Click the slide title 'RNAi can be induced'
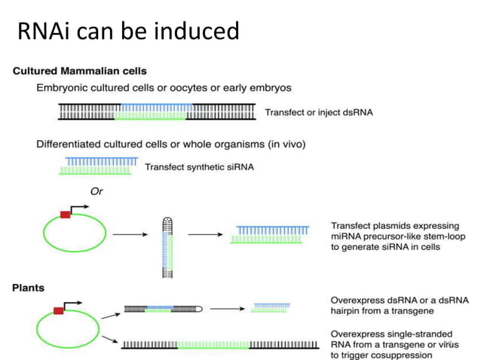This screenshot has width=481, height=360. coord(127,31)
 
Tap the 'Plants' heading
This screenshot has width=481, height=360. coord(29,288)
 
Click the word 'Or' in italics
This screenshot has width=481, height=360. coord(97,191)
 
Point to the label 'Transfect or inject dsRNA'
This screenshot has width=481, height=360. coord(319,113)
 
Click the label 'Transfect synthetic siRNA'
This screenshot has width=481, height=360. coord(199,166)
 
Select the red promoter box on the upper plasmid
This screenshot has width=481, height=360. coord(66,215)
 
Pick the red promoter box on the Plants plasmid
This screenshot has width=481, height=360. coord(58,310)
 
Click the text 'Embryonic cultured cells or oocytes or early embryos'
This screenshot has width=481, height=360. coord(164,88)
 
